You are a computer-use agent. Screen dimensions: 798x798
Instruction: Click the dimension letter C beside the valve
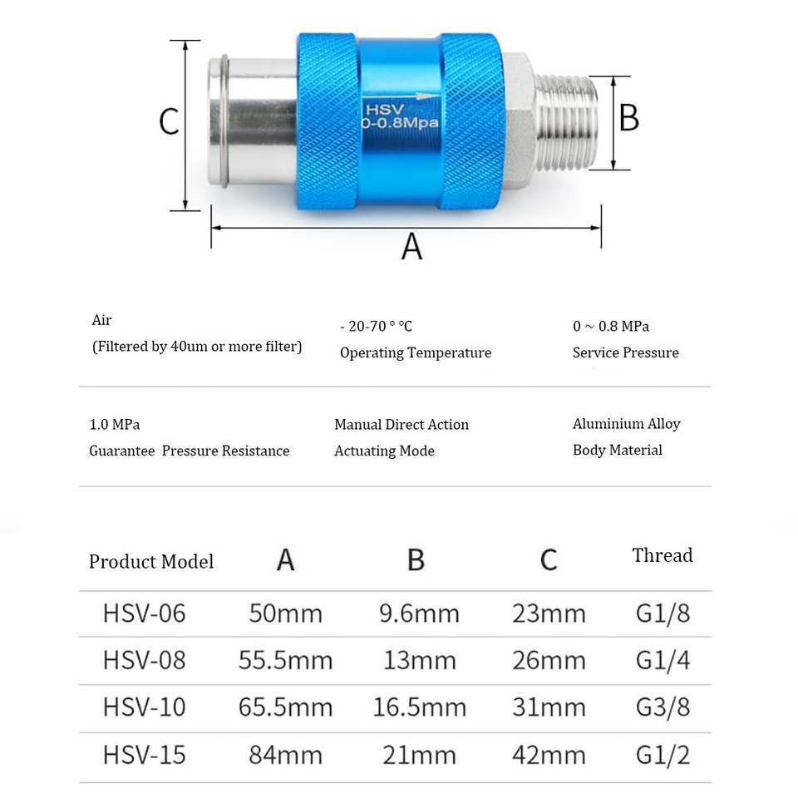(x=170, y=122)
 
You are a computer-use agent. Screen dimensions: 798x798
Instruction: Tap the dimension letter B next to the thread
(x=629, y=118)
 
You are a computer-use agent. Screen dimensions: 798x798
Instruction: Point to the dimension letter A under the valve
(x=411, y=247)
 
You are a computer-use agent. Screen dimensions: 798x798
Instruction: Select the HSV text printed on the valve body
(x=383, y=109)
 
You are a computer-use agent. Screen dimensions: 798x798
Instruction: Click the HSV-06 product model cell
(x=145, y=613)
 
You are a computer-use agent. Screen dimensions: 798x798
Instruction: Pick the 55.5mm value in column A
(x=285, y=661)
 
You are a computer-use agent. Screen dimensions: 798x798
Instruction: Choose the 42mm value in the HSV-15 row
(x=549, y=755)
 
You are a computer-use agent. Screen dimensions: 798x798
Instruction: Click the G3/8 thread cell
(x=663, y=707)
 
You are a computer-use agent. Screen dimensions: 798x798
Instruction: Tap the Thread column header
(x=662, y=555)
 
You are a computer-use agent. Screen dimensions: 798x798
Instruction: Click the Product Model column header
(x=151, y=562)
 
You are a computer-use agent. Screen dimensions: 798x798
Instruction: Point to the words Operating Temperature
(x=415, y=352)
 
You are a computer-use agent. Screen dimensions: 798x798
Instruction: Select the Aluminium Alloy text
(x=626, y=424)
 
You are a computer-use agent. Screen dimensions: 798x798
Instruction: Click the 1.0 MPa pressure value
(x=115, y=425)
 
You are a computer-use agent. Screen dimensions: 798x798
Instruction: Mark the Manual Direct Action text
(x=401, y=425)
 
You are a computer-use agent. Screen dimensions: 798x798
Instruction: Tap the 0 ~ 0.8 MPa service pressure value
(x=611, y=326)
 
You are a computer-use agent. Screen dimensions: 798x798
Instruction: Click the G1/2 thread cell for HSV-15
(x=663, y=755)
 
